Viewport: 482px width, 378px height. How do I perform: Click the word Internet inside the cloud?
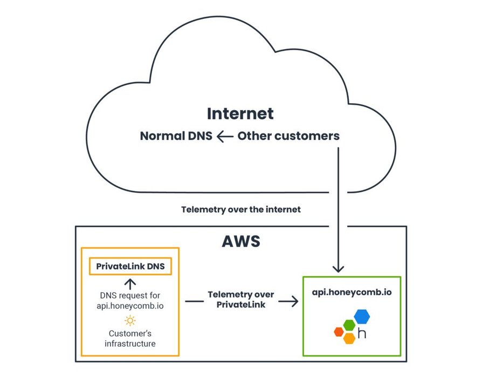click(240, 114)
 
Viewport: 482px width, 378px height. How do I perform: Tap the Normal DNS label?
click(176, 136)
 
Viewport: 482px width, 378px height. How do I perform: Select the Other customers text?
click(288, 136)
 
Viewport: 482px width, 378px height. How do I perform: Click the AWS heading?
click(240, 241)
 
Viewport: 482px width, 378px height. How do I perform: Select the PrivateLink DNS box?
click(130, 266)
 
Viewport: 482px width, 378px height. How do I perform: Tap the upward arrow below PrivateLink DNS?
click(130, 283)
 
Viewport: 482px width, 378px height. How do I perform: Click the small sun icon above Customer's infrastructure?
click(130, 320)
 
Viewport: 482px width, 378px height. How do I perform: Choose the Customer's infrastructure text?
click(130, 339)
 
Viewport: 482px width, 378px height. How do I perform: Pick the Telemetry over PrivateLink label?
click(241, 300)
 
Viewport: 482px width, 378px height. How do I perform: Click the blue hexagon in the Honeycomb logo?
click(362, 316)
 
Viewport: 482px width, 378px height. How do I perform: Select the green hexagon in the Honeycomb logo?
click(349, 325)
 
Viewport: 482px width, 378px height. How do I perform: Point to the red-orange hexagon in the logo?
click(339, 332)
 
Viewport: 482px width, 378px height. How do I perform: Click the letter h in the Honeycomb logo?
click(362, 333)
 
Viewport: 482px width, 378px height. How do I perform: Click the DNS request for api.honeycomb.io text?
click(130, 300)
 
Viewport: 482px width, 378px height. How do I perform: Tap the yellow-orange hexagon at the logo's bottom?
click(349, 338)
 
